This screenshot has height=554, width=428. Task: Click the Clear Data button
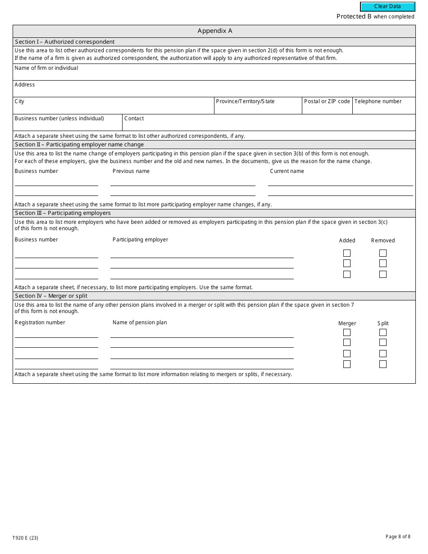(387, 7)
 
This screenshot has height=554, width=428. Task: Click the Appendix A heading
(214, 31)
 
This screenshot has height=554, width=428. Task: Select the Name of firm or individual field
(214, 74)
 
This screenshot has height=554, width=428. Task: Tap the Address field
(214, 91)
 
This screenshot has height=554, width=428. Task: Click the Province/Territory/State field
(258, 108)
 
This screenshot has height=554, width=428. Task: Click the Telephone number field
(383, 108)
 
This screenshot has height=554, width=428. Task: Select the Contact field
(269, 125)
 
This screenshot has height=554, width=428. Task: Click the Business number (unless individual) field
(68, 125)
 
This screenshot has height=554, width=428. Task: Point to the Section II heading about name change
(79, 145)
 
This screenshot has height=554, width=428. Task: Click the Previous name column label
(131, 171)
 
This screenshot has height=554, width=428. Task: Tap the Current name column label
(287, 171)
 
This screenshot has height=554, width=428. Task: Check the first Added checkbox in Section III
(347, 253)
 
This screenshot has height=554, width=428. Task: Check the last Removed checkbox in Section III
(383, 274)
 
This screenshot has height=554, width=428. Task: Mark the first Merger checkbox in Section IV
(347, 332)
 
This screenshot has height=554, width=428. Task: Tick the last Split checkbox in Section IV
(383, 364)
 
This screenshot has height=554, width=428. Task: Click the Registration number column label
(40, 322)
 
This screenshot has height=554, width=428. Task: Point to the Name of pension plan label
(140, 322)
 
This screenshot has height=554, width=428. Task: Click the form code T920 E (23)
(28, 538)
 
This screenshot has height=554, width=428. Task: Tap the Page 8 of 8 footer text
(398, 536)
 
